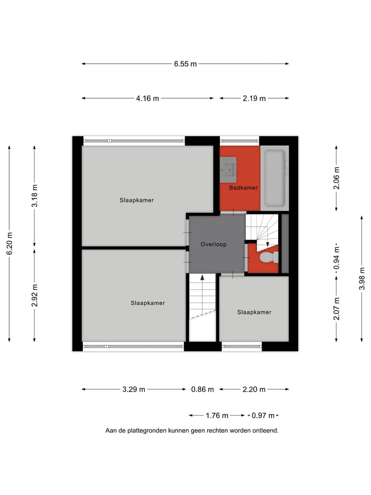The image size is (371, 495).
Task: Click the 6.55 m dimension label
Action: [185, 64]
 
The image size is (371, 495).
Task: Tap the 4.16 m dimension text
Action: [147, 98]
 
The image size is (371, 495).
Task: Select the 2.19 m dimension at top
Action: [254, 98]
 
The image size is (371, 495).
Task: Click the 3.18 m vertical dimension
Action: [35, 196]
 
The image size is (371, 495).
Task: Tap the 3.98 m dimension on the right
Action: [362, 278]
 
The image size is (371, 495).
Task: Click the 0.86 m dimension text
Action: [202, 389]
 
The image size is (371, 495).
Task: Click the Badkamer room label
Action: [243, 188]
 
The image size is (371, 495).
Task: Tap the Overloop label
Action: [213, 244]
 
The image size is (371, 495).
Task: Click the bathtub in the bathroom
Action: [274, 178]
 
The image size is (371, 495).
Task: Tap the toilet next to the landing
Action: [267, 257]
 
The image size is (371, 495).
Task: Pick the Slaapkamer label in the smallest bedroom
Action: [254, 312]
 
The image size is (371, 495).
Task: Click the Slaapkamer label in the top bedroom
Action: [137, 200]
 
